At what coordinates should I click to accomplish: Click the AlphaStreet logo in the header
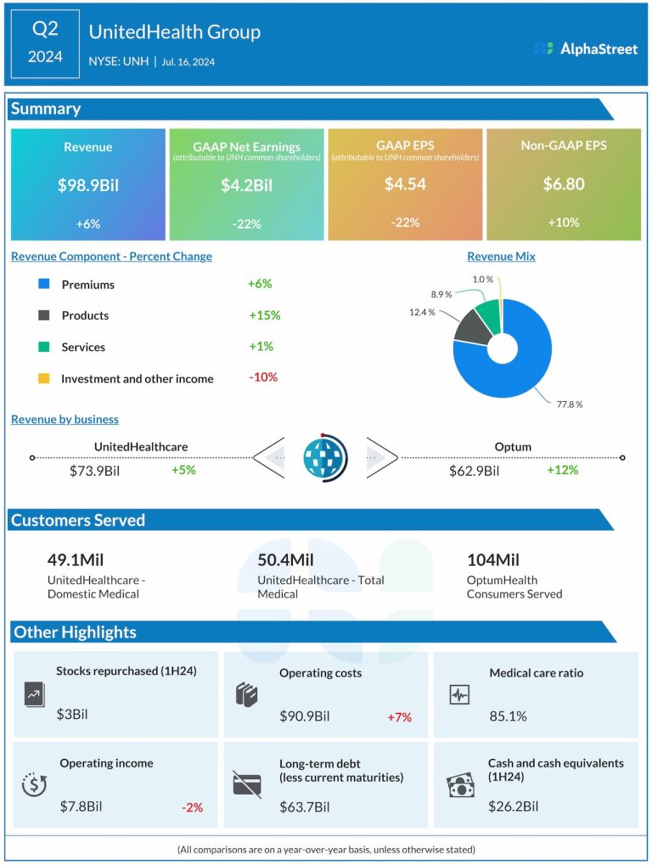pos(585,48)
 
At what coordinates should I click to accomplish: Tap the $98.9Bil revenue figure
pos(87,184)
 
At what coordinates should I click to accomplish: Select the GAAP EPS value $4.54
pos(405,184)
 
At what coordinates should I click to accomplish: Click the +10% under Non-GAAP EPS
pos(563,223)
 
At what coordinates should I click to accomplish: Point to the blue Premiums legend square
pos(44,285)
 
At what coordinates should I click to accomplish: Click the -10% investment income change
pos(263,377)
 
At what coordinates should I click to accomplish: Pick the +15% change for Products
pos(264,315)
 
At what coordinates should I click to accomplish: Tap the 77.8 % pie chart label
pos(569,405)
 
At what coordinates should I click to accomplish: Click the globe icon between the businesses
pos(325,457)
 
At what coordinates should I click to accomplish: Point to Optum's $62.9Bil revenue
pos(474,470)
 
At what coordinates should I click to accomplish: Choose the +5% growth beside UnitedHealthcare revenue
pos(183,469)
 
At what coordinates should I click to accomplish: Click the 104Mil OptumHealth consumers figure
pos(493,560)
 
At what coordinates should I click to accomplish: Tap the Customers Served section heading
pos(78,520)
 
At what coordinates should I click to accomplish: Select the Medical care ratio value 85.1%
pos(508,716)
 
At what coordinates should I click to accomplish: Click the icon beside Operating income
pos(34,785)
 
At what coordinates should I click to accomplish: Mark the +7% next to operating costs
pos(399,717)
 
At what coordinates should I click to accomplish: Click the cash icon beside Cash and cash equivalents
pos(460,786)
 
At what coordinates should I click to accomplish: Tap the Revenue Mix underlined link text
pos(501,257)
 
